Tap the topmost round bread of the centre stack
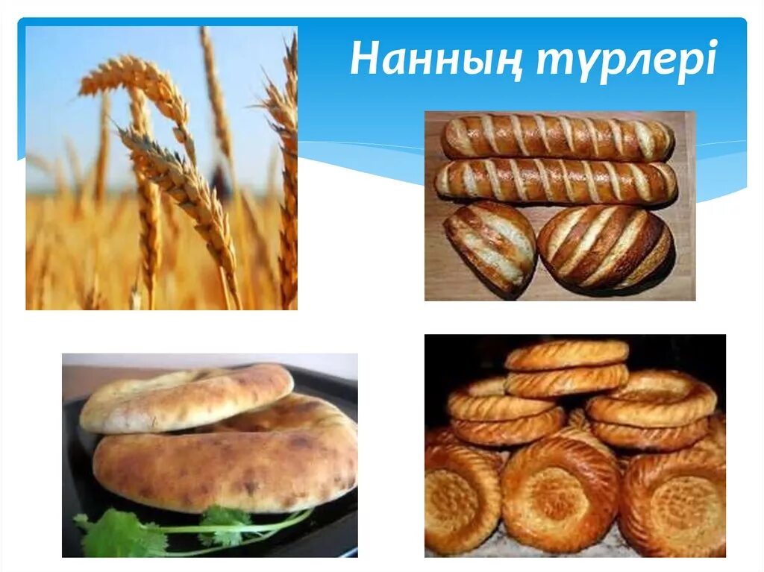click(x=566, y=354)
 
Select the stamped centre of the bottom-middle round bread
click(x=559, y=493)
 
